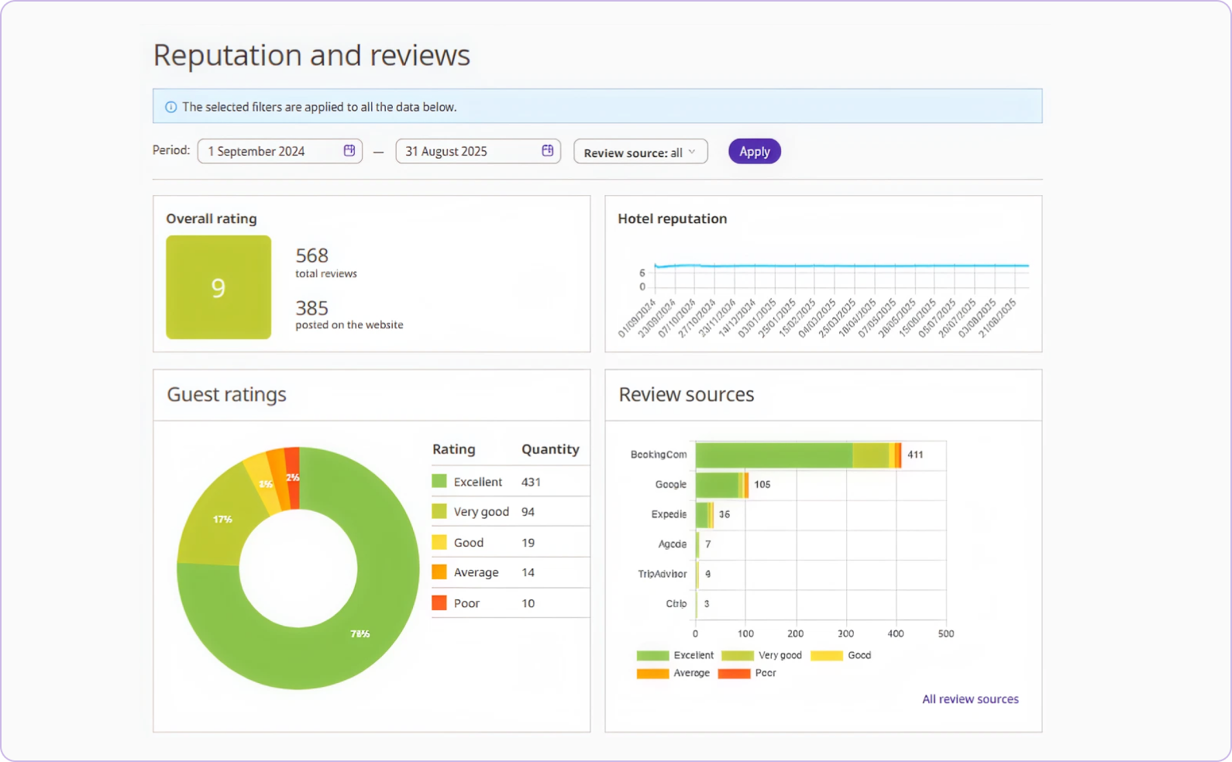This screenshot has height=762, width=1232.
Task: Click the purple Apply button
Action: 754,152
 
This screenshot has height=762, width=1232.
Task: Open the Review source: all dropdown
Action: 640,153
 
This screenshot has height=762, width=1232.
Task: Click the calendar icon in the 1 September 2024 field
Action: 349,150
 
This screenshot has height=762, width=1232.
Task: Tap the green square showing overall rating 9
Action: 219,287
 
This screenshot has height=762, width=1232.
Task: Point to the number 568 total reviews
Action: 312,256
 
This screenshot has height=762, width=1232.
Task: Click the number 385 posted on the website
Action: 311,308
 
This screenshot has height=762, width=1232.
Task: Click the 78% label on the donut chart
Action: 360,633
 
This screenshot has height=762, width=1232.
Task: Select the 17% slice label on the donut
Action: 222,519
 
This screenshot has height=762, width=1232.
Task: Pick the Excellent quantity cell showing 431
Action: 531,482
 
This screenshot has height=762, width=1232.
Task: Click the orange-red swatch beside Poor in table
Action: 439,602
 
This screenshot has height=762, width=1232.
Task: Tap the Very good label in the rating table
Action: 481,512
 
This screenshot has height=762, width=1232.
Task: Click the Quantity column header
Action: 550,449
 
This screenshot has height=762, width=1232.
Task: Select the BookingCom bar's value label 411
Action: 915,455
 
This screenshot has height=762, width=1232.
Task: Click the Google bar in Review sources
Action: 719,485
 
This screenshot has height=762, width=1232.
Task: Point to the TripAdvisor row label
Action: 662,574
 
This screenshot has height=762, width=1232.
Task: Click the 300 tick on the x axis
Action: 845,633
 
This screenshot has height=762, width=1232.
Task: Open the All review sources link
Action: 970,699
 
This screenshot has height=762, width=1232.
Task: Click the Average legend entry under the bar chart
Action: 691,673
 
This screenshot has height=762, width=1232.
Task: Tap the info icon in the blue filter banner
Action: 171,107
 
